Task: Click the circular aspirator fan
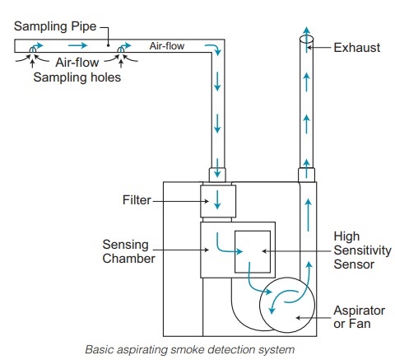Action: pos(282,308)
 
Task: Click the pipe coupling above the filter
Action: pos(218,175)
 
